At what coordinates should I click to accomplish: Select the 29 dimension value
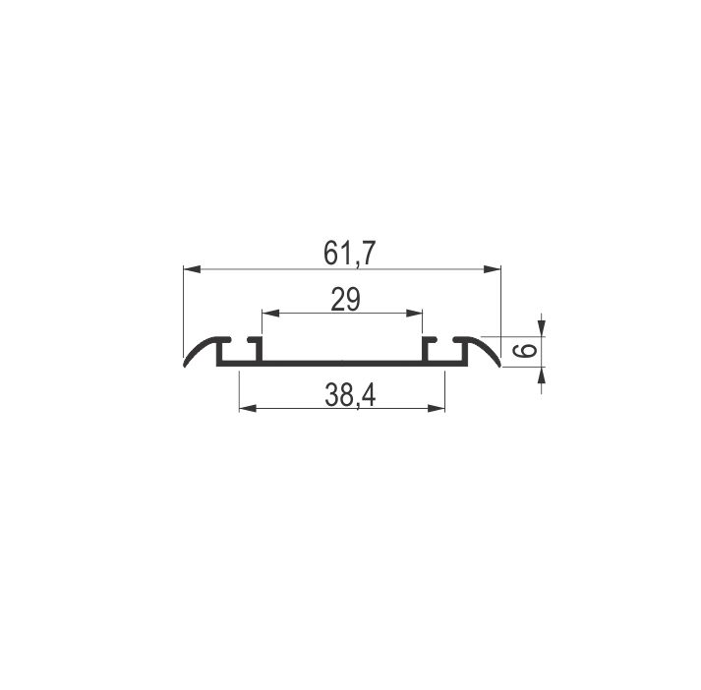345,300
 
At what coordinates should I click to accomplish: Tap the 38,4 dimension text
350,395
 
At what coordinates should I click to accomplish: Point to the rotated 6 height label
529,350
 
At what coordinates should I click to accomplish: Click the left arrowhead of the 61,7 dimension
192,269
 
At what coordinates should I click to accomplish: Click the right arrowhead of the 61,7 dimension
493,269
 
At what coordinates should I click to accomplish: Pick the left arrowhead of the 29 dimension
270,314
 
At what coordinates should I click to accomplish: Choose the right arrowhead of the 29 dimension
414,314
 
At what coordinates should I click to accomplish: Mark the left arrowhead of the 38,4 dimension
248,408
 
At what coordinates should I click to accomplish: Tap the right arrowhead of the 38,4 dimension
437,408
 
